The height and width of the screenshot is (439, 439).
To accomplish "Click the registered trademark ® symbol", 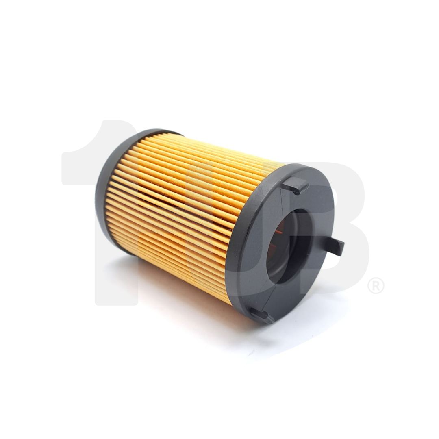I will tap(376, 285).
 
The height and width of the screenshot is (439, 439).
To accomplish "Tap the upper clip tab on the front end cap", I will tap(296, 185).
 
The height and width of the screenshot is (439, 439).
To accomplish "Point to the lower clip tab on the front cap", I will tap(262, 316).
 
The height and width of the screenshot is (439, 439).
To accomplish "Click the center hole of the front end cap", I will tap(287, 248).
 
